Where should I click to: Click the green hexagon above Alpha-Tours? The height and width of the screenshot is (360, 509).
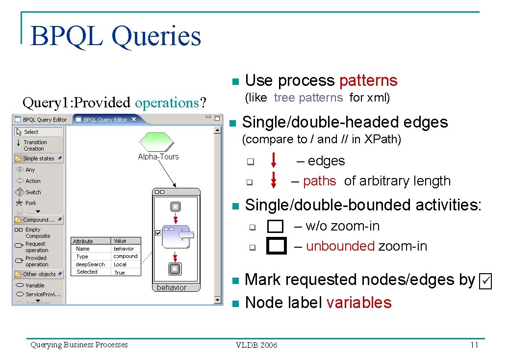156,142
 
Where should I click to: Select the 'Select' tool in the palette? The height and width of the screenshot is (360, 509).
31,132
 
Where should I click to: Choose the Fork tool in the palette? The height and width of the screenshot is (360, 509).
30,203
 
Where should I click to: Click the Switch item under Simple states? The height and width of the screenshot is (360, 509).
33,192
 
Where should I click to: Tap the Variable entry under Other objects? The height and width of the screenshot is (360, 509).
34,285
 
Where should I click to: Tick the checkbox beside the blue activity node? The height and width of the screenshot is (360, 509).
158,233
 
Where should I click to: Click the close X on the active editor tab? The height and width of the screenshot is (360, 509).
134,120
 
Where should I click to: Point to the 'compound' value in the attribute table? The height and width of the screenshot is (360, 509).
126,257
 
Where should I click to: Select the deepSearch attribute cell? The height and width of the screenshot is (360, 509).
90,264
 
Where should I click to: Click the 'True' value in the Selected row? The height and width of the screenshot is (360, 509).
120,273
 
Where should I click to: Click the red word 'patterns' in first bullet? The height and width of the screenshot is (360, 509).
368,80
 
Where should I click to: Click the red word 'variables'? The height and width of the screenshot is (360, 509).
358,303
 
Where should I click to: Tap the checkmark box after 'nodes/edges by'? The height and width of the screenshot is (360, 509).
485,281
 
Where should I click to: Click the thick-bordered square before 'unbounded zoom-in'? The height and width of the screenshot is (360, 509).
276,246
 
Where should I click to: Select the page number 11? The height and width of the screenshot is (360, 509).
474,345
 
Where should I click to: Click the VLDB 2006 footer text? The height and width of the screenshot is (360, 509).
256,345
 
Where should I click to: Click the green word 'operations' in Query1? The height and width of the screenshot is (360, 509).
167,103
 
